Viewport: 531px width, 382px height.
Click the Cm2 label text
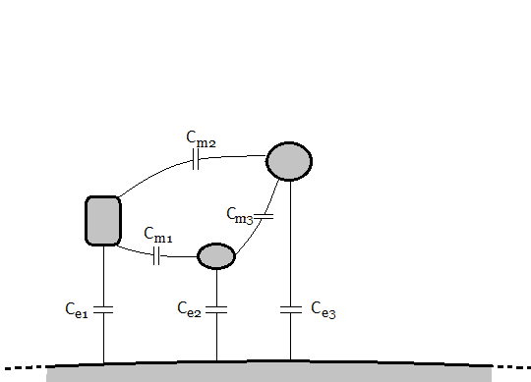(201, 140)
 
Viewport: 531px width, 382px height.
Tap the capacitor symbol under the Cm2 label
(196, 161)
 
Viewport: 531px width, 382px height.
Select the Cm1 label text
(157, 235)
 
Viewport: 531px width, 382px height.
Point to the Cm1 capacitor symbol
(156, 256)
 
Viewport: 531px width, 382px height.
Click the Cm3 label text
(240, 215)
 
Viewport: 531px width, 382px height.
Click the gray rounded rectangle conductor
(103, 220)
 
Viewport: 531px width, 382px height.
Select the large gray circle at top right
(290, 160)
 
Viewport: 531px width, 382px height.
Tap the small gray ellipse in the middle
(216, 255)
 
